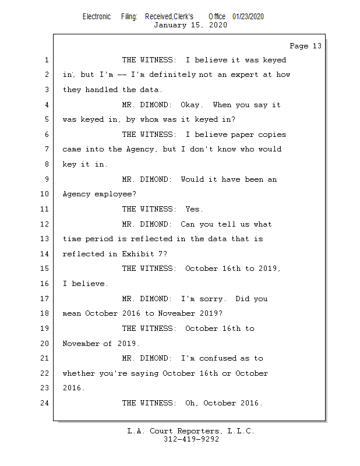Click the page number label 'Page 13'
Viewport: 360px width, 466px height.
click(x=305, y=46)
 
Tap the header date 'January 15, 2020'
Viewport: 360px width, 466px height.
click(x=190, y=25)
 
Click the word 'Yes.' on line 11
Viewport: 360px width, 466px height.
click(x=194, y=209)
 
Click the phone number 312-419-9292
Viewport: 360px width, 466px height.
click(x=190, y=439)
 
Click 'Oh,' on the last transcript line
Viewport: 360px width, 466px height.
click(x=192, y=403)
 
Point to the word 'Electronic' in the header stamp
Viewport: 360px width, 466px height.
click(x=97, y=16)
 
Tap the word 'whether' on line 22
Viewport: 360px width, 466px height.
click(x=79, y=373)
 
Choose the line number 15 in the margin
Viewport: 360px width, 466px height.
click(x=45, y=269)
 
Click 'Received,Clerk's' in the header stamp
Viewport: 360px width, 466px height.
click(x=169, y=16)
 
